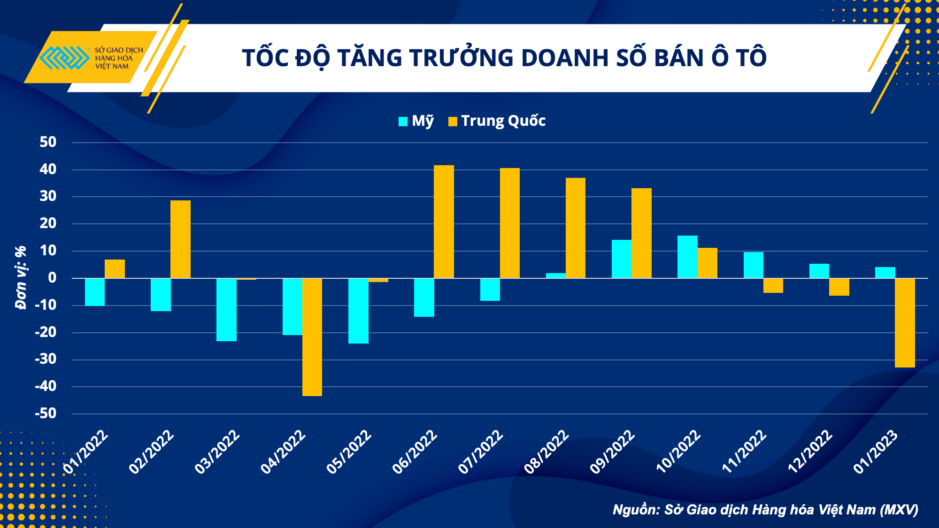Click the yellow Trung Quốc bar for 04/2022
click(312, 337)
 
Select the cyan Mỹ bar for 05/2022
click(358, 311)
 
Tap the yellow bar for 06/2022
click(444, 222)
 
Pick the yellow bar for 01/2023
click(905, 322)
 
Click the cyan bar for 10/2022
click(687, 257)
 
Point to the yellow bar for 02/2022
click(180, 239)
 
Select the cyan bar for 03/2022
click(226, 310)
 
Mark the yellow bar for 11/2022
click(773, 285)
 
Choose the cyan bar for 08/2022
click(556, 275)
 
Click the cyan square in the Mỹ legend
click(403, 122)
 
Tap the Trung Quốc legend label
click(503, 121)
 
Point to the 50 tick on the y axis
click(48, 142)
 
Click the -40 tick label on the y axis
click(46, 387)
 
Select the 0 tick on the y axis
click(52, 278)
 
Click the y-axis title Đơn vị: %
click(21, 278)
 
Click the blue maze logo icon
click(64, 58)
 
